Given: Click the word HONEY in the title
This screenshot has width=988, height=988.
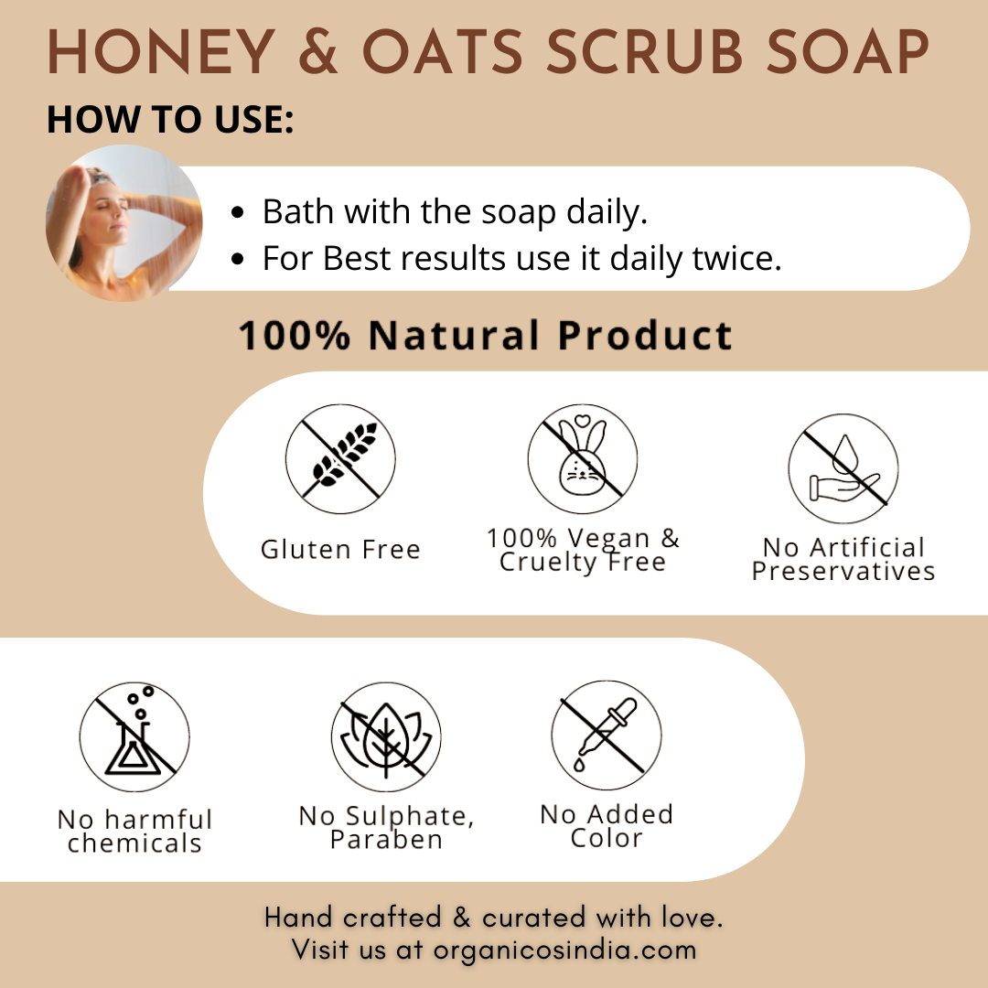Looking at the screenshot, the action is point(161,51).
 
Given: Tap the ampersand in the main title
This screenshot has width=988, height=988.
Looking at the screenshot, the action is point(318,51).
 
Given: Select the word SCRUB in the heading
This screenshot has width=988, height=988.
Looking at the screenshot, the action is point(645,51).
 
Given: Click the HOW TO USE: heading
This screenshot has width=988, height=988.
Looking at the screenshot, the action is point(170,119).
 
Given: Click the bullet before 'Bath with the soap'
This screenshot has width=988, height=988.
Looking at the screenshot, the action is point(238,212).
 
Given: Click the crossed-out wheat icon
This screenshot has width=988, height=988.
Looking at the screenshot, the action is point(340,458).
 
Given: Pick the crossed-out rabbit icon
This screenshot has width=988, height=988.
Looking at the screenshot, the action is point(582,458).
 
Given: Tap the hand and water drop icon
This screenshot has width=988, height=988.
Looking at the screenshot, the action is point(843,468).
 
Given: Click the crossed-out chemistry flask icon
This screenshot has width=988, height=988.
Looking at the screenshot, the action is point(134,736).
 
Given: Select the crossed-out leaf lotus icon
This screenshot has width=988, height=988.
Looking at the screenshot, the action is point(386,736).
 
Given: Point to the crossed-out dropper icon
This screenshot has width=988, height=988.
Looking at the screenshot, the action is point(607,735).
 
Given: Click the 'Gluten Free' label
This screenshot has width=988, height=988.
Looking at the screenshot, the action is point(340,550).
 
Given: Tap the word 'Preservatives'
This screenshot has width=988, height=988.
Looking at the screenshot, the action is point(843,572).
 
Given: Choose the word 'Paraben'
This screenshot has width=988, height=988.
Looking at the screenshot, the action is point(386,839).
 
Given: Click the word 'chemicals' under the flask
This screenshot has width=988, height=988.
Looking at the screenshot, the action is point(134,843).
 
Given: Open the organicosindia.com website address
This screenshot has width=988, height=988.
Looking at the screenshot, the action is point(564,950).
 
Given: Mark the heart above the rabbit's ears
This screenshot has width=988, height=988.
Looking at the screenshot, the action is point(583,419).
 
